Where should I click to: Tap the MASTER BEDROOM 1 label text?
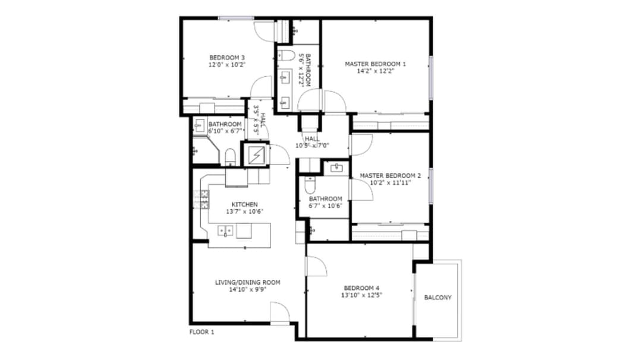pos(375,64)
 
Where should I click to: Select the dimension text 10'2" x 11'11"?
pos(389,183)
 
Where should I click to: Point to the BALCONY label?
pos(438,298)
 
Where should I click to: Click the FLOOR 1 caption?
pos(202,332)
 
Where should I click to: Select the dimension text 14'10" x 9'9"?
pos(247,290)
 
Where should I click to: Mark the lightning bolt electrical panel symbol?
pos(255,156)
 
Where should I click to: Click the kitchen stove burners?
pos(204,198)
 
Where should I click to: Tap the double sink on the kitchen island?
pos(225,230)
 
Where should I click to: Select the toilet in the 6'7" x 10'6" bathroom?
pos(309,186)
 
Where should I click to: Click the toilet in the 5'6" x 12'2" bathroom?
pos(287,56)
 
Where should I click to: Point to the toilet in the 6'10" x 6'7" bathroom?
pos(230,158)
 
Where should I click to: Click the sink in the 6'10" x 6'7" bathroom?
pos(200,125)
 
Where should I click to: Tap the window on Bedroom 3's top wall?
pos(236,18)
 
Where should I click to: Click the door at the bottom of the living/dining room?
pos(279,312)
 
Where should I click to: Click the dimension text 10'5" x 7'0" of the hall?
pos(313,145)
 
